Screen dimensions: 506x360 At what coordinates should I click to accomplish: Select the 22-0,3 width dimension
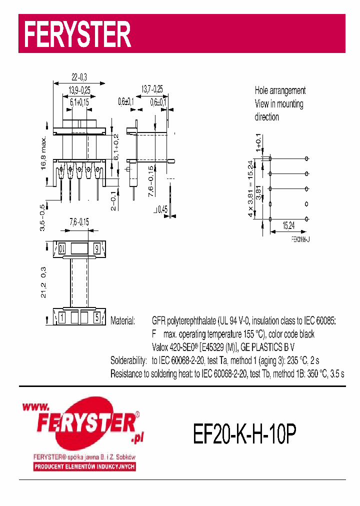click(x=78, y=77)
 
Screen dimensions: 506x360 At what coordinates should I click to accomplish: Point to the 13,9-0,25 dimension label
click(x=79, y=90)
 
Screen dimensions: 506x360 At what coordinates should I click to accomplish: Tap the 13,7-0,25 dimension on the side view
click(x=151, y=89)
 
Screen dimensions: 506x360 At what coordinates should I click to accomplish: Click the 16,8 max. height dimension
click(x=43, y=153)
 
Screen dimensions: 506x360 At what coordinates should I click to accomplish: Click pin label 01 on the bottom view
click(x=61, y=248)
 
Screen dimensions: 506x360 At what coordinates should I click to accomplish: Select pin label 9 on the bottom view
click(x=96, y=248)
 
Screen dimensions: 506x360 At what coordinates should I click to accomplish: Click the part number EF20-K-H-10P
click(x=244, y=434)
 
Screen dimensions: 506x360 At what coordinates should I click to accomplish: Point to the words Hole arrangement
click(x=280, y=90)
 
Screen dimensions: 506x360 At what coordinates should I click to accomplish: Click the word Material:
click(x=122, y=320)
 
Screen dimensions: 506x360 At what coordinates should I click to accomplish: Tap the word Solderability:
click(x=128, y=360)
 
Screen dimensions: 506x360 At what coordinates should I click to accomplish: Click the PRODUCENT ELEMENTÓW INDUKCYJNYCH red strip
click(x=84, y=467)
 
